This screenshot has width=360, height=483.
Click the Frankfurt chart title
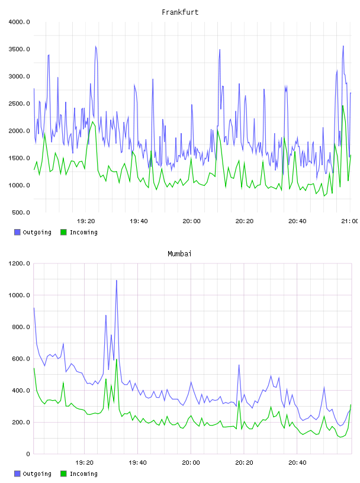tap(180, 12)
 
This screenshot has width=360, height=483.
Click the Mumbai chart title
tap(179, 254)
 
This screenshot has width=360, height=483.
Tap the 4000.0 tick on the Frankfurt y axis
tap(19, 22)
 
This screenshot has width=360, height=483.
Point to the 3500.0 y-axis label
tap(19, 49)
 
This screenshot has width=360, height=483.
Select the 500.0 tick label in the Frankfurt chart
tap(21, 212)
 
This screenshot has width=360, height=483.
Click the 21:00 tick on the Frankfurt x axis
tap(349, 221)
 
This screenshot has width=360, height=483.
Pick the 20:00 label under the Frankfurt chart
tap(191, 221)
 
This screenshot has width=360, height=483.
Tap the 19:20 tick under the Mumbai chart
tap(84, 463)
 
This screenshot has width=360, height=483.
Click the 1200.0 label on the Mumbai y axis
tap(19, 263)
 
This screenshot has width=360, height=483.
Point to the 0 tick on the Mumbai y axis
tap(28, 454)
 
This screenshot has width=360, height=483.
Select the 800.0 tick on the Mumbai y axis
tap(21, 327)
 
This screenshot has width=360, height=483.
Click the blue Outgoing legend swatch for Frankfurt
tap(17, 232)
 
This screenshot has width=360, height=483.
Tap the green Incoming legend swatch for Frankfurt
tap(63, 232)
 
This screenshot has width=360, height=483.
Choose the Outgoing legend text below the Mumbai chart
tap(37, 474)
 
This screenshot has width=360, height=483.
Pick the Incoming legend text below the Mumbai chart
tap(83, 474)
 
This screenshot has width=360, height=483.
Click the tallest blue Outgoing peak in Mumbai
tap(117, 281)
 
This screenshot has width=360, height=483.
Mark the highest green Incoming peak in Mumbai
tap(117, 359)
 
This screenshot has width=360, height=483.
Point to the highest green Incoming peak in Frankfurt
tap(343, 106)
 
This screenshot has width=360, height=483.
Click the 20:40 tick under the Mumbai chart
tap(297, 463)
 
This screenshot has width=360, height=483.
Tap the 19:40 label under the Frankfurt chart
tap(139, 221)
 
